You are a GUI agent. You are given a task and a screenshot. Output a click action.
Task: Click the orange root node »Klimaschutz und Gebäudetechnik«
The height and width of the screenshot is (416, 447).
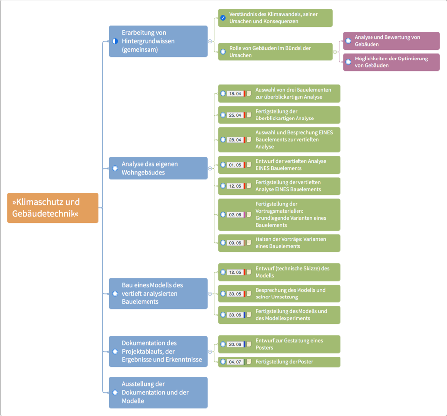pyautogui.click(x=53, y=208)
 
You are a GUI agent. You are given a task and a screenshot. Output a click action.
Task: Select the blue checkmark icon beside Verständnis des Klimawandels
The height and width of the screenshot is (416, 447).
pyautogui.click(x=223, y=18)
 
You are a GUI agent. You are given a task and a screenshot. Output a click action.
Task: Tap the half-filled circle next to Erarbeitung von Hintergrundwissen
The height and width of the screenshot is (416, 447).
pyautogui.click(x=115, y=41)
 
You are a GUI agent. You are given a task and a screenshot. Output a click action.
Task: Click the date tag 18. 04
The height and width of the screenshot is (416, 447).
pyautogui.click(x=235, y=93)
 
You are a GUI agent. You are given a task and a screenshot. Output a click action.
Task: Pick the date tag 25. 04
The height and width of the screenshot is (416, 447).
pyautogui.click(x=235, y=115)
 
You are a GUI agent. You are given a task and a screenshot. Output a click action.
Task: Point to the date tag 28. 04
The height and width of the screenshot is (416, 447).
pyautogui.click(x=235, y=140)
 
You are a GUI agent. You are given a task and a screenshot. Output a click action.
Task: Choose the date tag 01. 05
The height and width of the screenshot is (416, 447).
pyautogui.click(x=235, y=165)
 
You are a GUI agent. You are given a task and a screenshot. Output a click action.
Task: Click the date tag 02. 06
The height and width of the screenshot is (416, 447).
pyautogui.click(x=235, y=215)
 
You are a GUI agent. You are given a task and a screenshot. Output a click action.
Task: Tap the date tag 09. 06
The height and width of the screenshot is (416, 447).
pyautogui.click(x=235, y=243)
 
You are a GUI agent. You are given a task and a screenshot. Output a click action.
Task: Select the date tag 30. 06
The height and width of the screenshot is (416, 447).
pyautogui.click(x=235, y=315)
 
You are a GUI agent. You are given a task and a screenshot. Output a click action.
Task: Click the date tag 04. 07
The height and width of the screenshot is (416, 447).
pyautogui.click(x=235, y=362)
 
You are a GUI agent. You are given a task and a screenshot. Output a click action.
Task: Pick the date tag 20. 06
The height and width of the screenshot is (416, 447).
pyautogui.click(x=235, y=344)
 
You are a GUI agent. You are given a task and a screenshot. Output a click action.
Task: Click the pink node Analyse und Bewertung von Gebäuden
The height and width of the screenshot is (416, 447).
pyautogui.click(x=391, y=41)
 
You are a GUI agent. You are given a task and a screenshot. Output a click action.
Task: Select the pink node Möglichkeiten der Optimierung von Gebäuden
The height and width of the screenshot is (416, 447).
pyautogui.click(x=391, y=62)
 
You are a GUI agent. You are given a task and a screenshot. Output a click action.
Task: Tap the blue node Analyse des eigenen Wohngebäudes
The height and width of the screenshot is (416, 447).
pyautogui.click(x=158, y=168)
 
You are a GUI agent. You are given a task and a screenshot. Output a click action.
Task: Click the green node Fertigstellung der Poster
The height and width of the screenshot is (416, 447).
pyautogui.click(x=279, y=362)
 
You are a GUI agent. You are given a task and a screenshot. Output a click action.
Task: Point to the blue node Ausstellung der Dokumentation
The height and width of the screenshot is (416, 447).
pyautogui.click(x=158, y=392)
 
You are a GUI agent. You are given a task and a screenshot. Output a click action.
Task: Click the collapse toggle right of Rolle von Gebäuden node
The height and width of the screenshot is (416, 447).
pyautogui.click(x=335, y=52)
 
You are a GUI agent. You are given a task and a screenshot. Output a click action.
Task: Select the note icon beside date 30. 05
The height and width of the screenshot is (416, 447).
pyautogui.click(x=249, y=294)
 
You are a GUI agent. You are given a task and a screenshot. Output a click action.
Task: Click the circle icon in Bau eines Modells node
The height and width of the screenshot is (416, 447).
pyautogui.click(x=115, y=294)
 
